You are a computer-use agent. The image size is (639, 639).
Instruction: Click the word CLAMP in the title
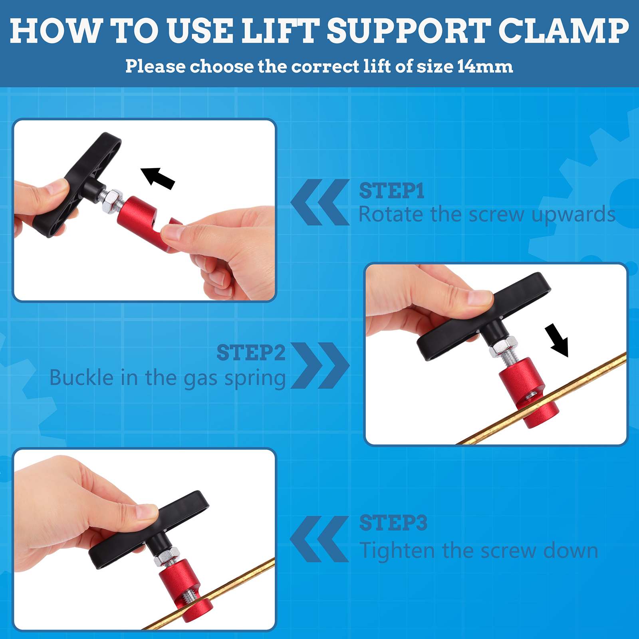pyautogui.click(x=564, y=31)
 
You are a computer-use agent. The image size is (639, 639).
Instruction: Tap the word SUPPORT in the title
pyautogui.click(x=409, y=31)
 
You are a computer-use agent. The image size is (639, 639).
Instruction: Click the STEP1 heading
pyautogui.click(x=392, y=191)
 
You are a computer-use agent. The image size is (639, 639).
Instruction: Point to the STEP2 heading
pyautogui.click(x=251, y=353)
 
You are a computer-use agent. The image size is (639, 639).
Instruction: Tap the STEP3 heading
pyautogui.click(x=393, y=523)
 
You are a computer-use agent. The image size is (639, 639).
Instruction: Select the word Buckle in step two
pyautogui.click(x=81, y=377)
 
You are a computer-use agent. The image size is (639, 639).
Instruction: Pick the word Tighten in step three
pyautogui.click(x=397, y=551)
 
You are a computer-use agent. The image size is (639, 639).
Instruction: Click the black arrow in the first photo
pyautogui.click(x=158, y=178)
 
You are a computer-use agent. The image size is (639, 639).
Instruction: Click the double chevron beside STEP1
pyautogui.click(x=320, y=202)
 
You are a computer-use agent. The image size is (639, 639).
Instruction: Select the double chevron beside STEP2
pyautogui.click(x=320, y=365)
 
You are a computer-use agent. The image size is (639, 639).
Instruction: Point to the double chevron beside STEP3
pyautogui.click(x=319, y=539)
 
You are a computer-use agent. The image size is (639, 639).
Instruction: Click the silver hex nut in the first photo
pyautogui.click(x=112, y=200)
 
